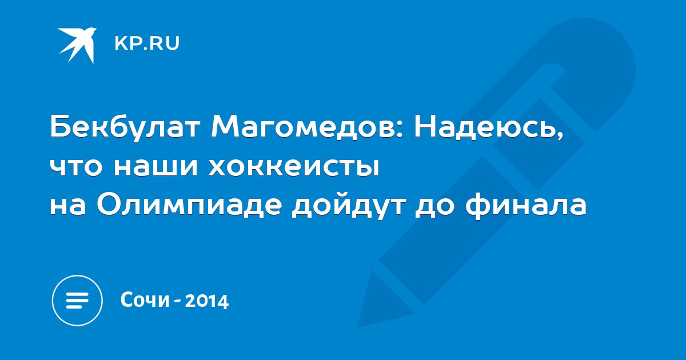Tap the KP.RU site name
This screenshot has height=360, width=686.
click(x=147, y=43)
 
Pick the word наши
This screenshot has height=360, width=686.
click(x=156, y=168)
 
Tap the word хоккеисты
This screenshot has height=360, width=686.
click(x=294, y=168)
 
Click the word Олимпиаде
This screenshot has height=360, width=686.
click(x=189, y=205)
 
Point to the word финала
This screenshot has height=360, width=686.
click(x=525, y=205)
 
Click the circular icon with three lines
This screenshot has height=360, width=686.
click(x=77, y=301)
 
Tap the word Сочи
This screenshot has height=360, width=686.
click(x=145, y=299)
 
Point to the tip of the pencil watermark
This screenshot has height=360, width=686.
click(x=358, y=327)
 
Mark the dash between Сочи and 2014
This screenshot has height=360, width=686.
click(x=177, y=301)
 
